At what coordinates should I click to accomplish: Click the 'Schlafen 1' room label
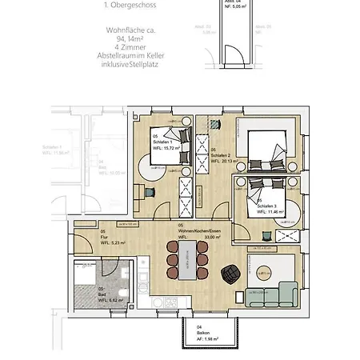point(164,142)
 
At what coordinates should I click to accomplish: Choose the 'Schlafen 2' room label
point(221,154)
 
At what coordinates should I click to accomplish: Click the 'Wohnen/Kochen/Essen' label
point(189,231)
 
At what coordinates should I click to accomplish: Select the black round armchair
point(230,274)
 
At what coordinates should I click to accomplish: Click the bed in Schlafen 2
point(272,148)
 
